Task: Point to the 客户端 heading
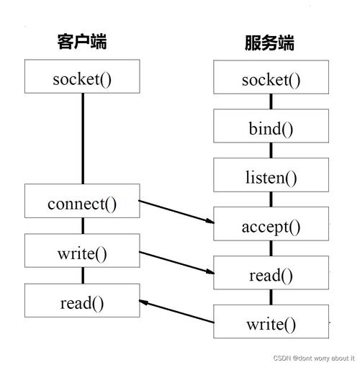tap(81, 41)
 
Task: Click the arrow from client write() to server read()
tap(176, 262)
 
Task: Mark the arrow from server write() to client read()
tap(176, 312)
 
